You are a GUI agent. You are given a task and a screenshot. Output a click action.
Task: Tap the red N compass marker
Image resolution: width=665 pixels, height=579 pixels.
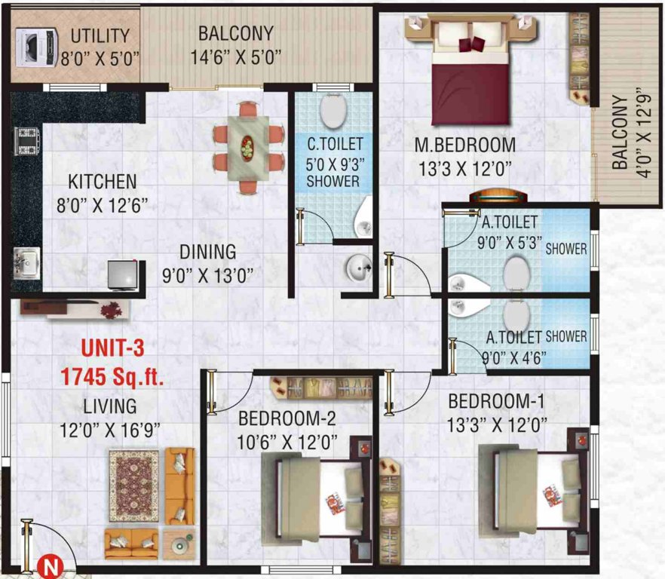(x=49, y=563)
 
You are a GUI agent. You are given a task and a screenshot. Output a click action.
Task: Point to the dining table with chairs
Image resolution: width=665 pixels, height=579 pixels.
(x=248, y=146)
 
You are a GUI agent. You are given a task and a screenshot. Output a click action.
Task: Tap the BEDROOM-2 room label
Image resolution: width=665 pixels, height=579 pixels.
(x=287, y=418)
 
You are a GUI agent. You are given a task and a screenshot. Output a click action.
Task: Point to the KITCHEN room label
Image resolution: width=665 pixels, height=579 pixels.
(x=103, y=182)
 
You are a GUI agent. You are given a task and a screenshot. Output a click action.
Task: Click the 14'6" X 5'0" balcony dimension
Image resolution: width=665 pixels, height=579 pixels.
(x=237, y=57)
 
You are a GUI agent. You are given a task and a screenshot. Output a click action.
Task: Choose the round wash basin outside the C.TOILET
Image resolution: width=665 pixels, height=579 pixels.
(x=359, y=266)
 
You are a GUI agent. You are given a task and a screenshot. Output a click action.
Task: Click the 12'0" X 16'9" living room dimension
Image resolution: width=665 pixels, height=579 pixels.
(x=110, y=430)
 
